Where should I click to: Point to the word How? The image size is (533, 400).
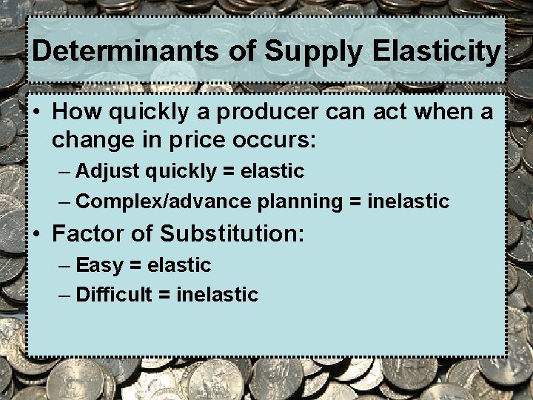click(x=73, y=113)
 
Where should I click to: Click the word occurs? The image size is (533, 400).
click(x=280, y=139)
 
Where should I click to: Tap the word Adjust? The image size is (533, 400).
click(x=108, y=172)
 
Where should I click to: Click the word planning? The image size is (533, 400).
click(x=301, y=201)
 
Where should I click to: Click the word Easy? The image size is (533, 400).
click(x=99, y=265)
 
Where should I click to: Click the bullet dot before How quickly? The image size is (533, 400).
click(x=36, y=113)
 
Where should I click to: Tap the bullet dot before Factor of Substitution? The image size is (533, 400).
click(x=36, y=234)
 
